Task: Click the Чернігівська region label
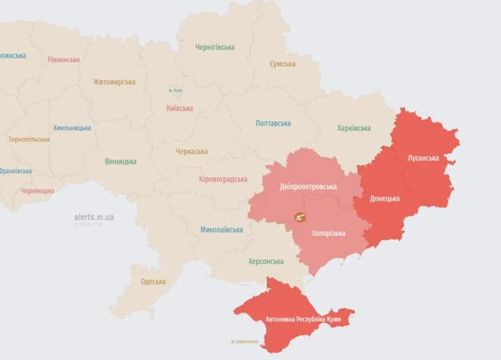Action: (x=215, y=47)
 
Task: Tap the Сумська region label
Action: (x=283, y=64)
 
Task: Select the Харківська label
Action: (x=354, y=128)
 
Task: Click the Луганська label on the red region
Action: (x=424, y=158)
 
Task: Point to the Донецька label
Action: (x=385, y=198)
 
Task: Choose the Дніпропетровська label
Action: (x=308, y=187)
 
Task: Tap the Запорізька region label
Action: (x=328, y=233)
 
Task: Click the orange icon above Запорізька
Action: (x=300, y=218)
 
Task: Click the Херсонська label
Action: (x=267, y=262)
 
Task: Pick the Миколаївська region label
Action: (x=222, y=230)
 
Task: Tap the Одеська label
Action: (x=153, y=282)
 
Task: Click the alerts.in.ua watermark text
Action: (x=94, y=217)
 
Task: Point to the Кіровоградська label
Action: (x=223, y=180)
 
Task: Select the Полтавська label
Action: (x=273, y=123)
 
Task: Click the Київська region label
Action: (x=180, y=108)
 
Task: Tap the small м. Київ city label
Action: (x=175, y=91)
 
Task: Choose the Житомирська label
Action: (x=114, y=82)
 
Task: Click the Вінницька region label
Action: (x=120, y=162)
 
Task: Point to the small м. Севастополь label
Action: (x=244, y=342)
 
